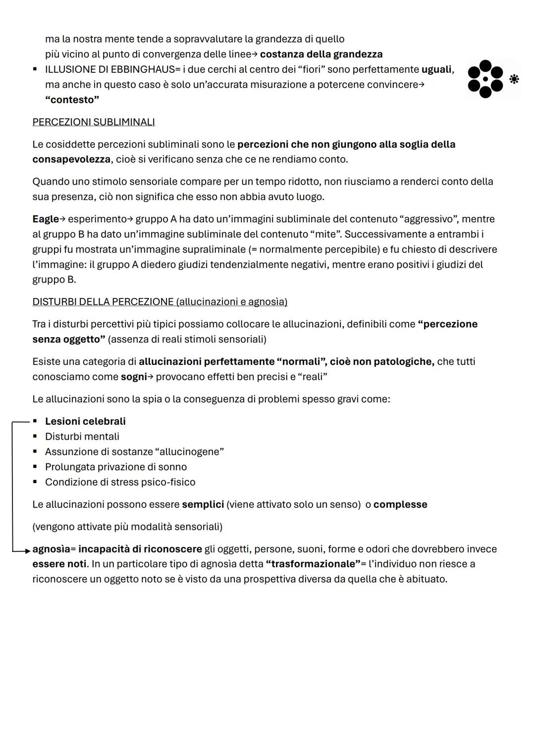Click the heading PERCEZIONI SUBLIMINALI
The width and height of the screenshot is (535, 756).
[94, 122]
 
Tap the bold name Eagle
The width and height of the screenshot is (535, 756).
[45, 219]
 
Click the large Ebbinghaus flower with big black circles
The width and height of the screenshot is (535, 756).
[485, 79]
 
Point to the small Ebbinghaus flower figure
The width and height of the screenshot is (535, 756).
[514, 79]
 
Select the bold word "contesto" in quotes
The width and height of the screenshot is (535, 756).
[72, 100]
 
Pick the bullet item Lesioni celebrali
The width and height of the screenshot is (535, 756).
[85, 421]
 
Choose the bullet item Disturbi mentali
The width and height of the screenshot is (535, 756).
[82, 437]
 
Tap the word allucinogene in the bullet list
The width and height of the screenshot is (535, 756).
[189, 452]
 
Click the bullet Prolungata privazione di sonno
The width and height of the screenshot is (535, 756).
[116, 467]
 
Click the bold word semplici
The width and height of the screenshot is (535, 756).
[203, 504]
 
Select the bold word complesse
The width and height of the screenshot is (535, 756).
[400, 504]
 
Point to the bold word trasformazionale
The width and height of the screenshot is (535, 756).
[313, 564]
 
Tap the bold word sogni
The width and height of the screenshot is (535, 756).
[134, 377]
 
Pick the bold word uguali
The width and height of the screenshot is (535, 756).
[436, 70]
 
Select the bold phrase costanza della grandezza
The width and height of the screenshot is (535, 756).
[321, 54]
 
